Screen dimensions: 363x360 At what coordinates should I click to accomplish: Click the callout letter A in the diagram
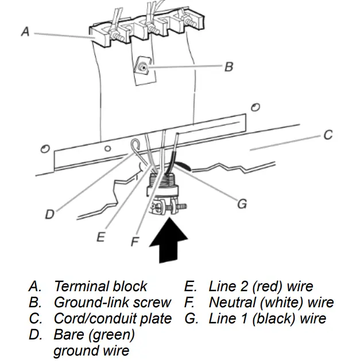point(25,32)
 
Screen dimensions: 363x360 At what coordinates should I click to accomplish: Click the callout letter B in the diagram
point(229,67)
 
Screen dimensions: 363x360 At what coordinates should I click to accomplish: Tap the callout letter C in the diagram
point(327,136)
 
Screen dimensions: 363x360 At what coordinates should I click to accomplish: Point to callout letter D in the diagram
point(50,214)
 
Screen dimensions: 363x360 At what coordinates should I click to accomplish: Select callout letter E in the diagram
point(100,237)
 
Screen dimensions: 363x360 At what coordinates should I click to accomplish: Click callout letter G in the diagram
point(242,204)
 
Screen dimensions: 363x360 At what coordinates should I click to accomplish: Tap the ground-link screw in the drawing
point(142,69)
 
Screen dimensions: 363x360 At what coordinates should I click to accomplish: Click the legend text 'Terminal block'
point(100,286)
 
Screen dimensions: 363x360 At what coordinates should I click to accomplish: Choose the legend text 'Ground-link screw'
point(112,302)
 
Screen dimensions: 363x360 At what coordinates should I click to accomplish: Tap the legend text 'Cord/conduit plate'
point(113,318)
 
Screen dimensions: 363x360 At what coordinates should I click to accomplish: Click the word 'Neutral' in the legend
point(233,302)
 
